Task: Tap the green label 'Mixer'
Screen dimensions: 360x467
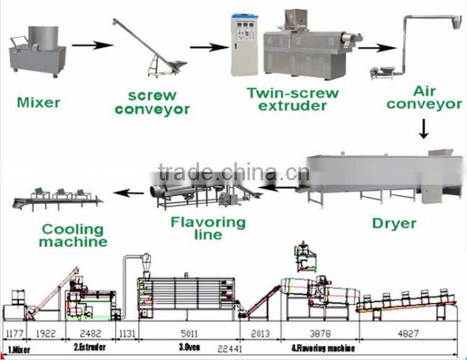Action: (39, 101)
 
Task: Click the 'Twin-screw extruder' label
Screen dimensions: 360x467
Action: (293, 99)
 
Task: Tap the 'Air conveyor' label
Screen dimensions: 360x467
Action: (423, 97)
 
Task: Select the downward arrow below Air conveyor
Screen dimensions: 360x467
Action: (423, 129)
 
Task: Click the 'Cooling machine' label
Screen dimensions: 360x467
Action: (73, 234)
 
